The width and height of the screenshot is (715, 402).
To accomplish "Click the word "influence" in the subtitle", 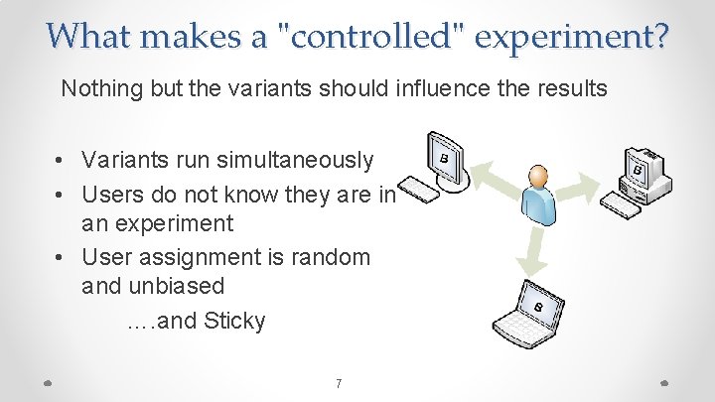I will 446,88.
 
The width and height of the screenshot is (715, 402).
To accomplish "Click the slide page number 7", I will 339,383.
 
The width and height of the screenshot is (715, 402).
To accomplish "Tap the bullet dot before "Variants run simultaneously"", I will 62,160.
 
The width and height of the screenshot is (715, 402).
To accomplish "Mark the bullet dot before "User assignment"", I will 62,257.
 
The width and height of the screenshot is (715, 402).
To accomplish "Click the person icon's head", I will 538,178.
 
